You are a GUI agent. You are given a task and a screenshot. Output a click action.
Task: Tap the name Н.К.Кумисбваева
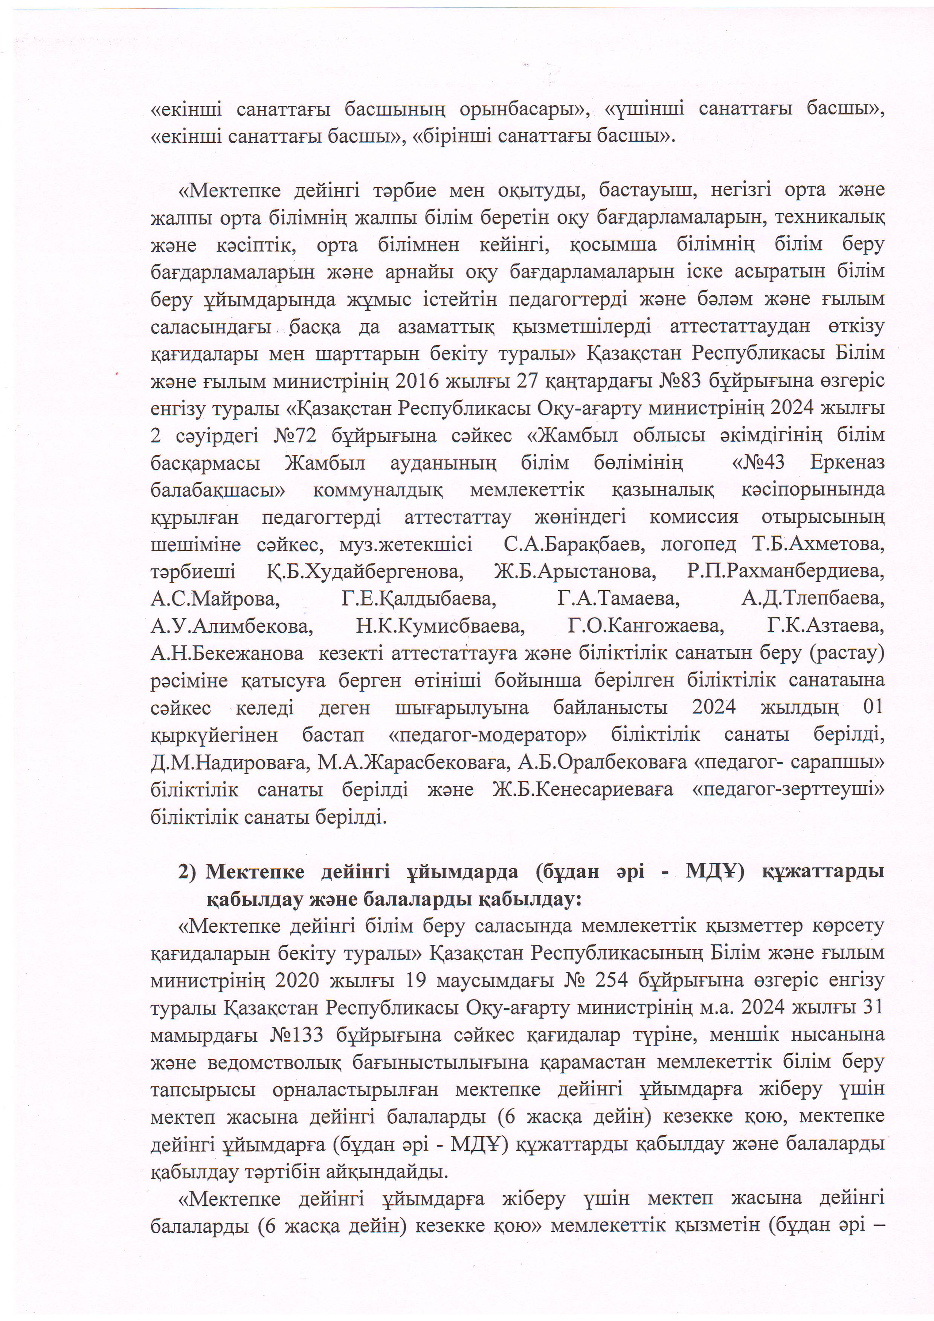pyautogui.click(x=440, y=625)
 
